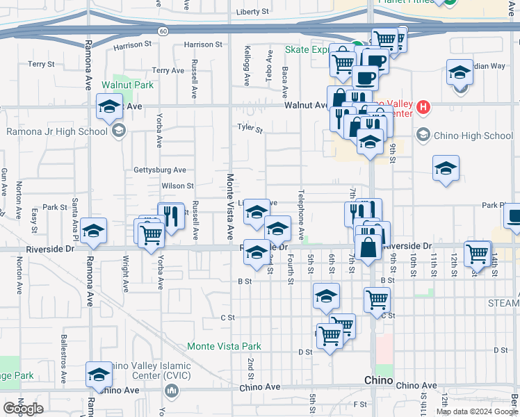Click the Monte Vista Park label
(224, 346)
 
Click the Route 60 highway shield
(162, 31)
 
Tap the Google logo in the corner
(24, 409)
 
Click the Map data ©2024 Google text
(476, 411)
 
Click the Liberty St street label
(252, 13)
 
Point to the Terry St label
(41, 64)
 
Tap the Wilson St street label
(177, 186)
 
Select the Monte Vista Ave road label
(230, 206)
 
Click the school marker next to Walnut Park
(109, 108)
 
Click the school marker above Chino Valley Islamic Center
(99, 374)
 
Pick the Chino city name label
(380, 382)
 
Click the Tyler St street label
(250, 128)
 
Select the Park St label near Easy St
(54, 207)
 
